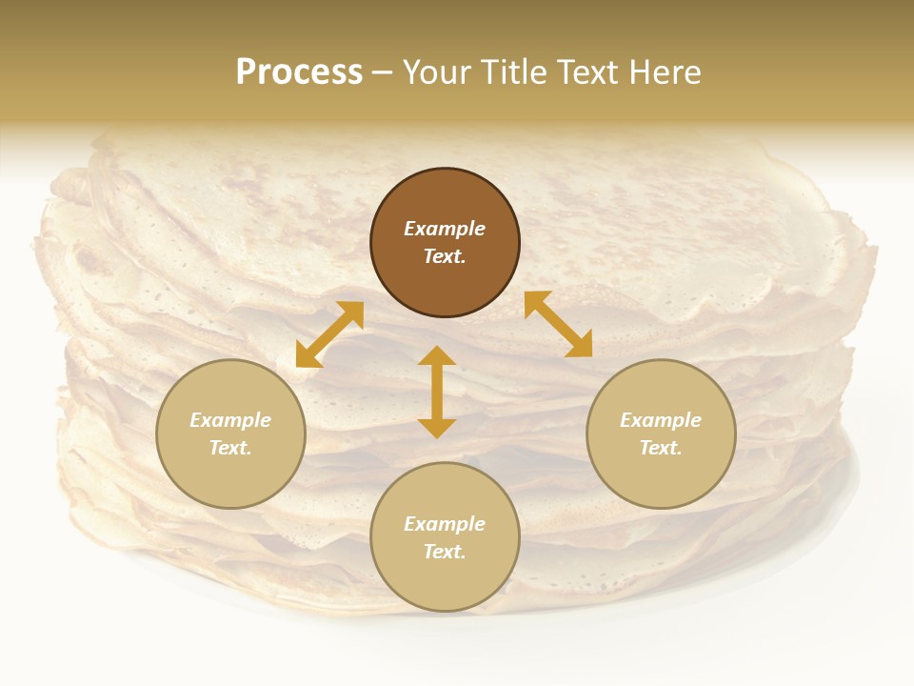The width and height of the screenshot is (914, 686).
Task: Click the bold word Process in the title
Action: [x=299, y=72]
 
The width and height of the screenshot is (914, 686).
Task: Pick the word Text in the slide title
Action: [x=586, y=72]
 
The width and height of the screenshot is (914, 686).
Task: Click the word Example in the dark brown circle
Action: [x=445, y=229]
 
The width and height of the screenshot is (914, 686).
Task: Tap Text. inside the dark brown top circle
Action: [x=445, y=256]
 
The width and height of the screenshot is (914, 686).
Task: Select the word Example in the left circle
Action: [x=230, y=420]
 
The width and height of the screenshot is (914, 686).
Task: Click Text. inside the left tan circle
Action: [x=230, y=448]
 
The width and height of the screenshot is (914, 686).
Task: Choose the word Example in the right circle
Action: [x=661, y=420]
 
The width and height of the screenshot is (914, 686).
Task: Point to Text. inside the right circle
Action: [x=661, y=448]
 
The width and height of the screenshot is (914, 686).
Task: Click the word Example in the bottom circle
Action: [x=445, y=524]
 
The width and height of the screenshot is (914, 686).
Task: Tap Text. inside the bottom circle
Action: [x=445, y=552]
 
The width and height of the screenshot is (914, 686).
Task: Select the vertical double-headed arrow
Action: [x=437, y=392]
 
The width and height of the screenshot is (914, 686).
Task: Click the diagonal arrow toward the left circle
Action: [x=329, y=334]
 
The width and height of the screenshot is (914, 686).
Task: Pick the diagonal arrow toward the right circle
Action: [x=558, y=324]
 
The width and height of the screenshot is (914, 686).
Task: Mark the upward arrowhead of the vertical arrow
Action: [x=437, y=355]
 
